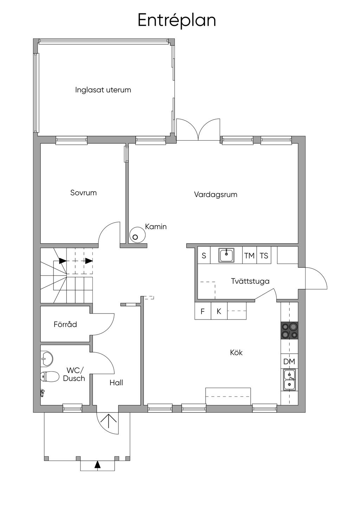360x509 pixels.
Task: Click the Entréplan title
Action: pyautogui.click(x=176, y=20)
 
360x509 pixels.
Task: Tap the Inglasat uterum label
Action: pyautogui.click(x=103, y=90)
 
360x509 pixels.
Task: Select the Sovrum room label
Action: pyautogui.click(x=83, y=193)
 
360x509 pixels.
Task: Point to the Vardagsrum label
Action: pyautogui.click(x=216, y=194)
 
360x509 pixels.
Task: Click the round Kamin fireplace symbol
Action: pyautogui.click(x=138, y=235)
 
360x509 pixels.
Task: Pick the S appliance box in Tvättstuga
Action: pyautogui.click(x=204, y=256)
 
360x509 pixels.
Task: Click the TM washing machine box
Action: pyautogui.click(x=249, y=256)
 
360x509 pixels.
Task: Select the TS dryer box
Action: pyautogui.click(x=264, y=256)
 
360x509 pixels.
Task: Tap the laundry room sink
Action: pyautogui.click(x=226, y=255)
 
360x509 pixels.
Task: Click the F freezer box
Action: pyautogui.click(x=203, y=311)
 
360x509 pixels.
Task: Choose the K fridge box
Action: pyautogui.click(x=219, y=311)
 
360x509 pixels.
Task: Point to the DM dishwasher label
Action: pyautogui.click(x=289, y=361)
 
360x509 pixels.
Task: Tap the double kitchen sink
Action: pyautogui.click(x=289, y=380)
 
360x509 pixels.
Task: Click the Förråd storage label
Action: pyautogui.click(x=65, y=324)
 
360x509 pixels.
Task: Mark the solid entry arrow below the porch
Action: pyautogui.click(x=97, y=464)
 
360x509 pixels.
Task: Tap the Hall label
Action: pyautogui.click(x=116, y=383)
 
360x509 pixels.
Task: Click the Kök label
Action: pyautogui.click(x=236, y=353)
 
